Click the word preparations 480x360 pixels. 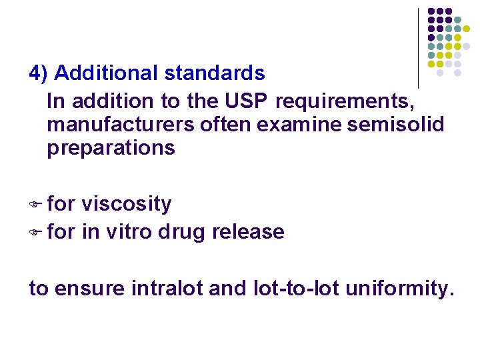(x=111, y=148)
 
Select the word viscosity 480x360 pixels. (x=126, y=204)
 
